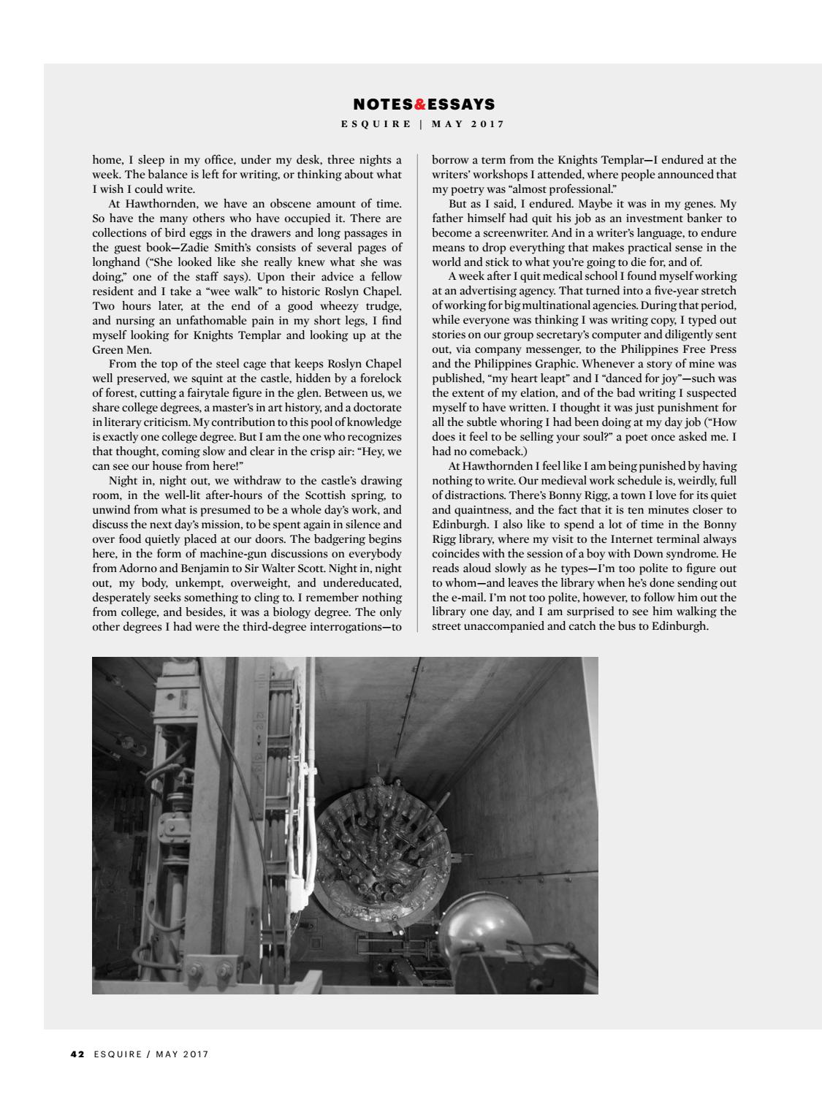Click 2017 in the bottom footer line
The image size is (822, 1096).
(195, 1054)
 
